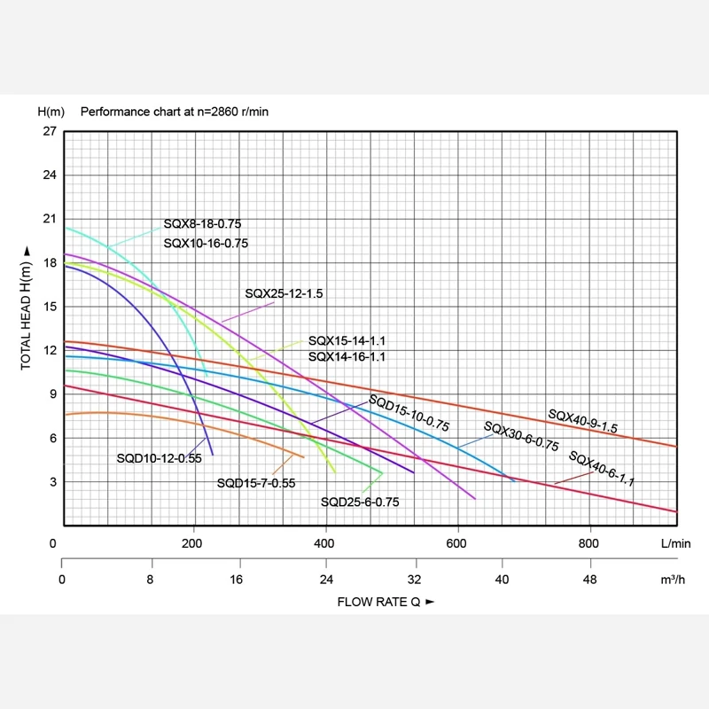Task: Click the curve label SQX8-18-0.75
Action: click(x=202, y=224)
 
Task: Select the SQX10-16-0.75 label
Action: click(x=206, y=243)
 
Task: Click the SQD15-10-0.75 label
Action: click(x=409, y=413)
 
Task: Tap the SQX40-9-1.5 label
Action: click(x=582, y=421)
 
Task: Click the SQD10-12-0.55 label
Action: click(x=160, y=458)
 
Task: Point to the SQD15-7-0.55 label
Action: click(x=256, y=483)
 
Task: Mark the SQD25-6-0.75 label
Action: click(x=360, y=502)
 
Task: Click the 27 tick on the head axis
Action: click(x=48, y=131)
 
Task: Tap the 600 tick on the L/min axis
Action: click(x=457, y=543)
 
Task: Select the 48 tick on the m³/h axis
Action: click(x=588, y=580)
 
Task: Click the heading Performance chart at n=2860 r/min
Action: click(x=175, y=112)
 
